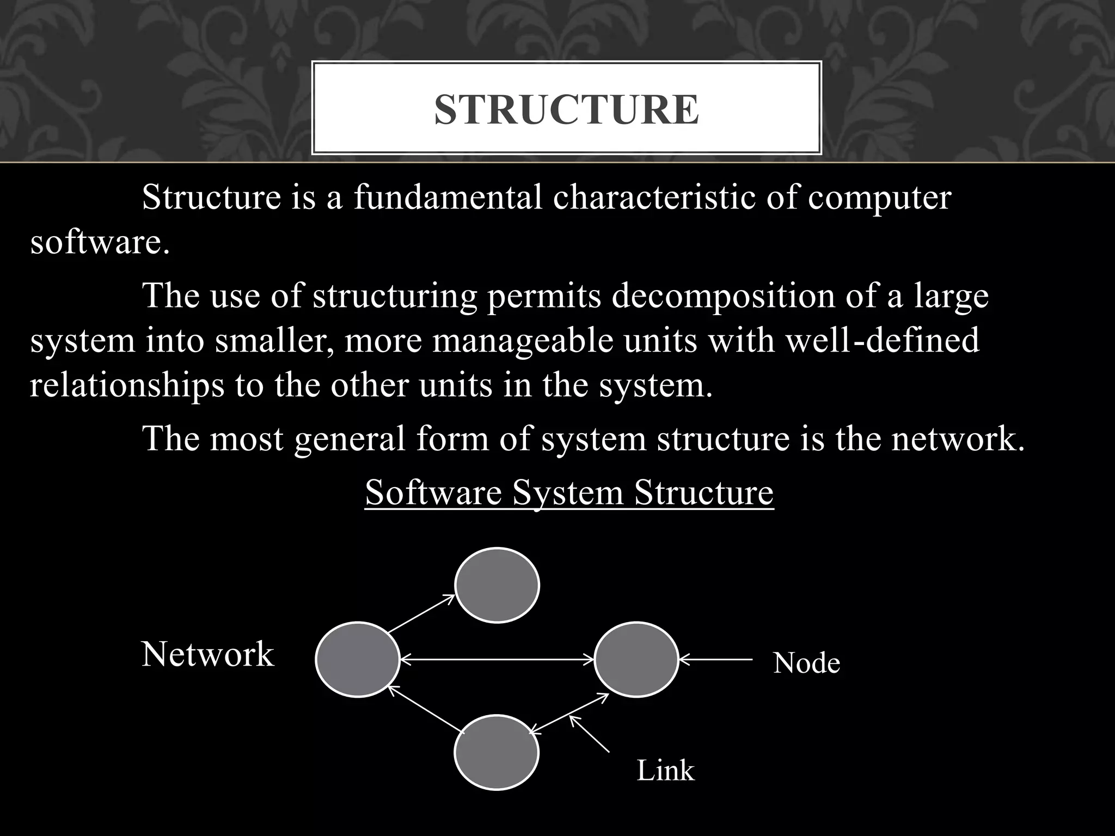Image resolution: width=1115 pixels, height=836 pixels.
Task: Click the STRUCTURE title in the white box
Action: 566,109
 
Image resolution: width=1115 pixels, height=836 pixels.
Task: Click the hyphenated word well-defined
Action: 875,341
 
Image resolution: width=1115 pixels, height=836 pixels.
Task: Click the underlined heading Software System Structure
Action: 569,493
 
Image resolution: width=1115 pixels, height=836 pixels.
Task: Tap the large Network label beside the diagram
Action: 207,654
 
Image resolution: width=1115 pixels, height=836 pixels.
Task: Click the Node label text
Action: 806,663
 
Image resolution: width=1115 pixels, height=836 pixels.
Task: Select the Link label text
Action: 665,771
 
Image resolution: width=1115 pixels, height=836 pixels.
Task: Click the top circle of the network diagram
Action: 497,585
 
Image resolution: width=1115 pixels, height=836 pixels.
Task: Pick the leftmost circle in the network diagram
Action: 358,660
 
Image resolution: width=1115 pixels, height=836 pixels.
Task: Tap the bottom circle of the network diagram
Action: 497,752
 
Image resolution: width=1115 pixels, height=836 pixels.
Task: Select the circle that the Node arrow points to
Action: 636,660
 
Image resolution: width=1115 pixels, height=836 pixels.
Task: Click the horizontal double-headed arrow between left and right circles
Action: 497,660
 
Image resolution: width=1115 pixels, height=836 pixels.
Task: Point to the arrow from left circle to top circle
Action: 421,614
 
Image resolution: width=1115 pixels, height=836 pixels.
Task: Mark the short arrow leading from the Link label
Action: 589,734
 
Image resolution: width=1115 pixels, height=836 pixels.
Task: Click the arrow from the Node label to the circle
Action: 716,660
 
